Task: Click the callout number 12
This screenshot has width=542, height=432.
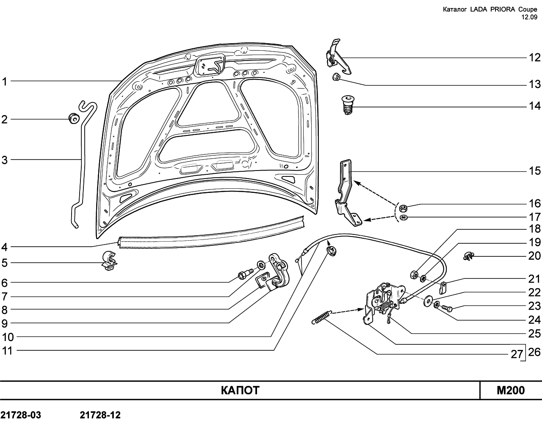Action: pos(534,58)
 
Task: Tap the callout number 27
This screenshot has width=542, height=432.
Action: pos(517,355)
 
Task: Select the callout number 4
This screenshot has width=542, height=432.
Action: pos(5,247)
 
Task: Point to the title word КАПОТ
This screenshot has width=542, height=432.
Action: pos(240,391)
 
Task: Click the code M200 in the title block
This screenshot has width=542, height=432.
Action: pos(511,391)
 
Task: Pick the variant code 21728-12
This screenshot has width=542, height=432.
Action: pos(100,415)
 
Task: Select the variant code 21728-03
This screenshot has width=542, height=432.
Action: pos(21,415)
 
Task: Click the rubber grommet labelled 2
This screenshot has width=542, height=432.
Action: pos(74,118)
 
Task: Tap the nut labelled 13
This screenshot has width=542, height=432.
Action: pos(336,77)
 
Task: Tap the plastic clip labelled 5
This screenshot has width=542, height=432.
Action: pos(109,261)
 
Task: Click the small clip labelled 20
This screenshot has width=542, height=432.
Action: pos(468,256)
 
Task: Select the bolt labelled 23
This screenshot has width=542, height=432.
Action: pos(446,307)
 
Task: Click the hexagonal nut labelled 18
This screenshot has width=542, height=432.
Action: pos(414,275)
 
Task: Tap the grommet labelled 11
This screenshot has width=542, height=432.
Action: pos(332,251)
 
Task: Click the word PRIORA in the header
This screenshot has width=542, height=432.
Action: pos(498,9)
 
